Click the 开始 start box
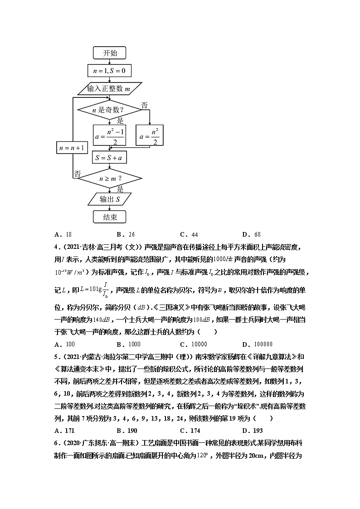click(110, 53)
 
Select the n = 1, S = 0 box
click(109, 71)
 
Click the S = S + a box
click(110, 158)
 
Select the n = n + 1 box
click(72, 148)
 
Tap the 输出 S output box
click(109, 199)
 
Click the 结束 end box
click(110, 217)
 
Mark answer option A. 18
click(63, 234)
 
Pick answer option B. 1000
click(128, 344)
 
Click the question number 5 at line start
click(56, 356)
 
